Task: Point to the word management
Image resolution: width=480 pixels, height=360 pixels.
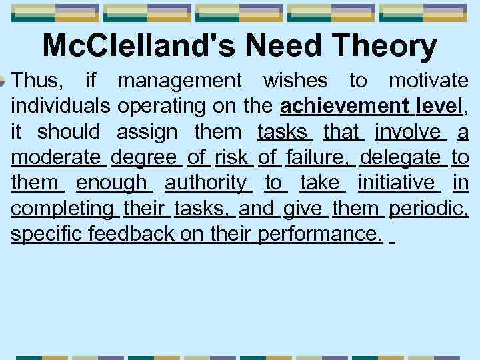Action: click(x=180, y=81)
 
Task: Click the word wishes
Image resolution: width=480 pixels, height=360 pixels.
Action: click(x=295, y=81)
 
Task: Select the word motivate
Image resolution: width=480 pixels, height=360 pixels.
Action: click(x=428, y=81)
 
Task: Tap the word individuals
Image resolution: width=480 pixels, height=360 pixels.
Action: click(x=61, y=107)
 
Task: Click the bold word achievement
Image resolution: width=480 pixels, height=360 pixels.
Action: click(x=345, y=107)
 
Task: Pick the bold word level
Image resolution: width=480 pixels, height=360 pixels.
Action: click(x=439, y=107)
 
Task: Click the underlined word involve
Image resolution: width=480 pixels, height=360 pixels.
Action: click(x=410, y=132)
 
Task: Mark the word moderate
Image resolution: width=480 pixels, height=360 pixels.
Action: click(x=58, y=157)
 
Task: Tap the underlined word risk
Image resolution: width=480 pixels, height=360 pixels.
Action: click(x=231, y=157)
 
